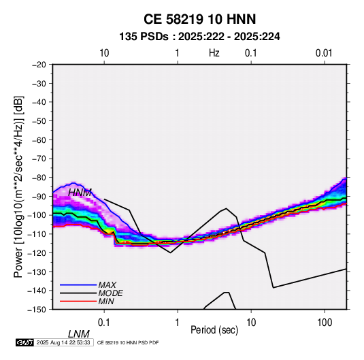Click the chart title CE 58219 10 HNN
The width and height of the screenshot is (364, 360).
(x=199, y=19)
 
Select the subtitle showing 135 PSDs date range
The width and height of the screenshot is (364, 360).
(x=199, y=37)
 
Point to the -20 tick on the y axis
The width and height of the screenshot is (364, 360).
(x=39, y=65)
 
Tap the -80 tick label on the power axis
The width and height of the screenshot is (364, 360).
(x=39, y=178)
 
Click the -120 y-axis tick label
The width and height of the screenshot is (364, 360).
(x=37, y=253)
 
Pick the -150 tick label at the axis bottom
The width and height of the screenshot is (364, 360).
(x=37, y=310)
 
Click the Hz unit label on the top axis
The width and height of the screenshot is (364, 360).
(x=214, y=53)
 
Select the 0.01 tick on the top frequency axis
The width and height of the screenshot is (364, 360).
(x=324, y=53)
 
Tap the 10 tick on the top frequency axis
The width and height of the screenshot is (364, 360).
(x=104, y=53)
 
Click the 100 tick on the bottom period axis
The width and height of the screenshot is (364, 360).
(x=325, y=323)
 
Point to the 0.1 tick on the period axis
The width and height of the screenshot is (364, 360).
(x=104, y=323)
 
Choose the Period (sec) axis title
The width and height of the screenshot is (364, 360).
(x=214, y=330)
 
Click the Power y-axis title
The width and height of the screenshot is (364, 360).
(x=18, y=187)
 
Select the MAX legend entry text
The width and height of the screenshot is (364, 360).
(x=107, y=285)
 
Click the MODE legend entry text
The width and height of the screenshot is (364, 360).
(x=110, y=293)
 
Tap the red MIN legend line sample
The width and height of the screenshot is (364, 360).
(x=78, y=301)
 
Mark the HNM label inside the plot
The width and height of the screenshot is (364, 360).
(x=80, y=193)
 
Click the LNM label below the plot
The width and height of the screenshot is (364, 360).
(x=79, y=334)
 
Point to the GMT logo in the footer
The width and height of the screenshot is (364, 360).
(x=25, y=342)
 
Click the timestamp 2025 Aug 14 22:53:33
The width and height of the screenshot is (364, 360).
(x=63, y=342)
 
